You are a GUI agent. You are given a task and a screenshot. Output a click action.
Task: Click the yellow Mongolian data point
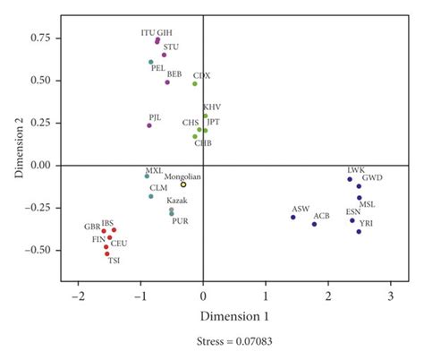(183, 184)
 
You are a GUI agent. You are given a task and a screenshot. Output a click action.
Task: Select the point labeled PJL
(149, 125)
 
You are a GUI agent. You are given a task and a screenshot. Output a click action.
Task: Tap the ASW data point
(293, 217)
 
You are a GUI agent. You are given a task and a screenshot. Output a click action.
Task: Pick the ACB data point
(314, 224)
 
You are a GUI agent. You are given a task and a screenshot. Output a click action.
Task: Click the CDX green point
(194, 84)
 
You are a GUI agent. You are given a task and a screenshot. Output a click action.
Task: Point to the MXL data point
(147, 176)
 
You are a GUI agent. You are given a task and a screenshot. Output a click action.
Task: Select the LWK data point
(350, 179)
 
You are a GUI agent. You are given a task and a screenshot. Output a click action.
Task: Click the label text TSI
(114, 261)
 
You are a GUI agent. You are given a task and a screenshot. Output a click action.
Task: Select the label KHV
(212, 107)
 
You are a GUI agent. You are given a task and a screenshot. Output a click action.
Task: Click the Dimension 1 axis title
(234, 315)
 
